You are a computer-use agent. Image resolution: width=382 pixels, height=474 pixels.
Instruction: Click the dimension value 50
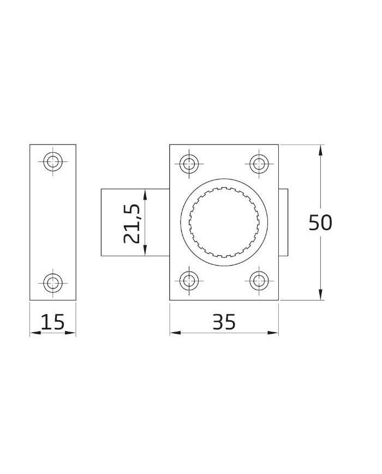(320, 223)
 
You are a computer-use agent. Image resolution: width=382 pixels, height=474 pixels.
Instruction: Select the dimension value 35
(224, 322)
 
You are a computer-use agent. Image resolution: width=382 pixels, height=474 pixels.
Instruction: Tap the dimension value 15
(52, 322)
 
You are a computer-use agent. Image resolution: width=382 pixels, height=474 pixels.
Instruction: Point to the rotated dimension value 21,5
(132, 224)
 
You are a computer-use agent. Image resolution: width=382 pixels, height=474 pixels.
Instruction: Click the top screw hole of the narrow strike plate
(53, 161)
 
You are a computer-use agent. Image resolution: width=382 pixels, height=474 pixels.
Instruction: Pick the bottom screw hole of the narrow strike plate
(53, 283)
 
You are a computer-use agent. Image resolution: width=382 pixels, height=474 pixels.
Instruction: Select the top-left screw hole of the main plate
(189, 164)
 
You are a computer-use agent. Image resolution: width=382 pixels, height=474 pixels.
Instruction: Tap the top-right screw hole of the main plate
(259, 164)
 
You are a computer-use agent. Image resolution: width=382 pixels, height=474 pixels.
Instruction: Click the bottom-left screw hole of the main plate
(189, 281)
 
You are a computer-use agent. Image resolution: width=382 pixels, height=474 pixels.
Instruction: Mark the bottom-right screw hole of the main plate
(259, 281)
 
